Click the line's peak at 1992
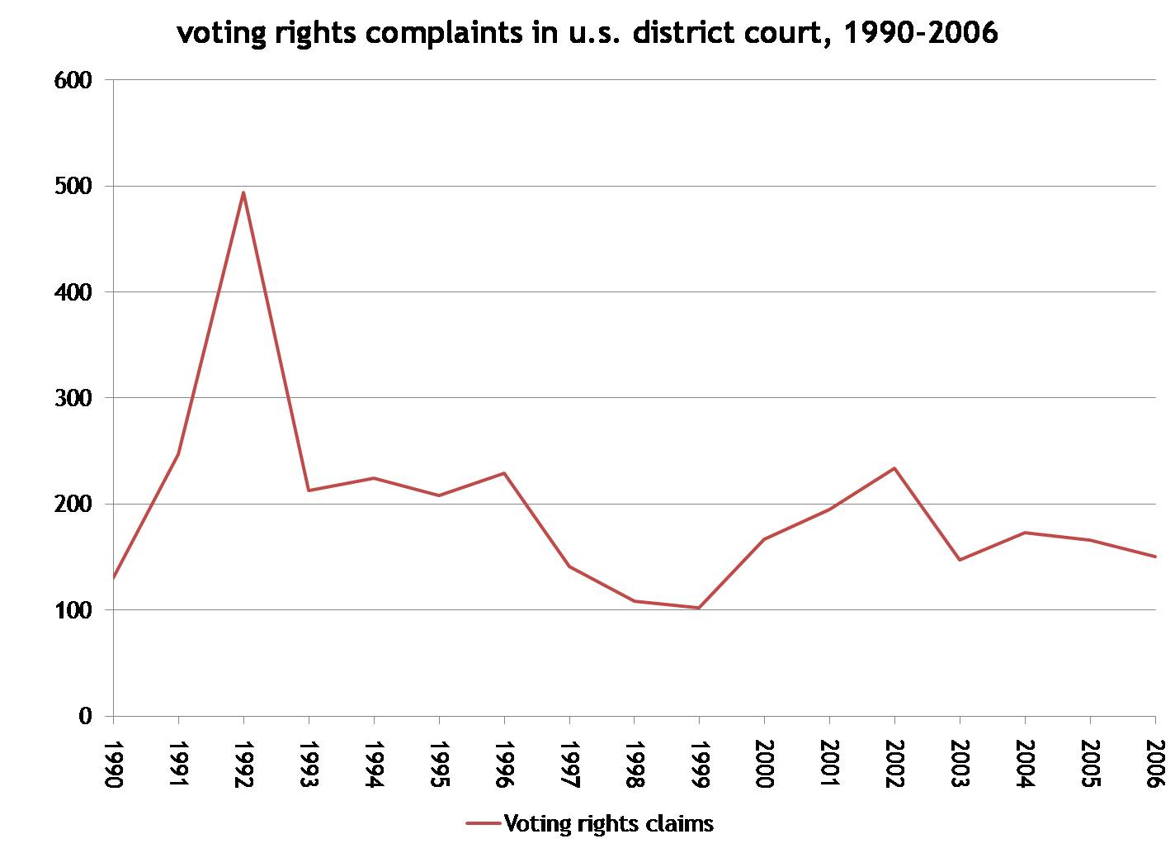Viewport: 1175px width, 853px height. coord(243,192)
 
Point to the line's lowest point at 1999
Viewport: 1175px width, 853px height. coord(699,608)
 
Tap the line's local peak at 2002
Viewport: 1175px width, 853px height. coord(894,468)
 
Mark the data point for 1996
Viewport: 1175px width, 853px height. coord(503,473)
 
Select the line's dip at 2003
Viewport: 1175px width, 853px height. coord(960,560)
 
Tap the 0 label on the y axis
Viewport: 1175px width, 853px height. coord(85,716)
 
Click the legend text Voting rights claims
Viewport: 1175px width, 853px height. coord(608,823)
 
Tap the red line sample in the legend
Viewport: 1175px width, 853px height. coord(484,823)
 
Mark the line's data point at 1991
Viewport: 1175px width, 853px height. coord(178,453)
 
